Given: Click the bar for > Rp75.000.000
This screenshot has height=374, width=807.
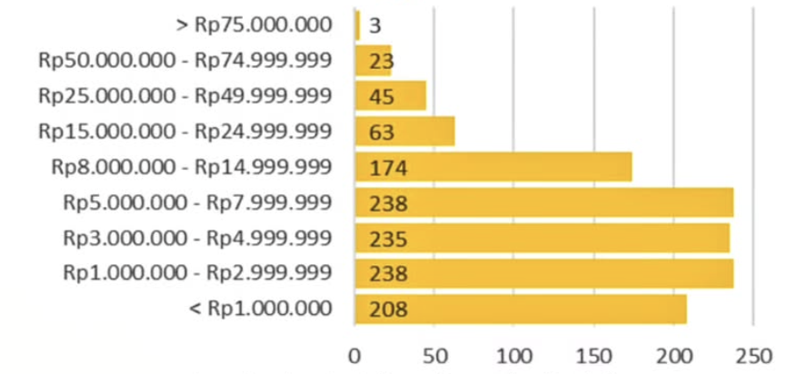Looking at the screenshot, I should click(358, 25).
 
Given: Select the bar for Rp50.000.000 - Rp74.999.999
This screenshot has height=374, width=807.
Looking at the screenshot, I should click(374, 60).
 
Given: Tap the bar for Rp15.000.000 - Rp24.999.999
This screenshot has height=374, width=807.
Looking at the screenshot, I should click(405, 132).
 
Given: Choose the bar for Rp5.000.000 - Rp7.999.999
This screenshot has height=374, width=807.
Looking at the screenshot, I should click(544, 202).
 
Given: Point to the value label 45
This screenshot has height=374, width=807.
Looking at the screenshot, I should click(382, 96).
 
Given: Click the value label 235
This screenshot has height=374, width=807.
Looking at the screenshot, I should click(388, 239).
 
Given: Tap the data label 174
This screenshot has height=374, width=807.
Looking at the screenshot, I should click(388, 168).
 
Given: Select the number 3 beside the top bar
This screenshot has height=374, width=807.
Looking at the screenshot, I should click(375, 25).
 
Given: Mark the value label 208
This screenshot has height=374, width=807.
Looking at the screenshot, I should click(388, 310).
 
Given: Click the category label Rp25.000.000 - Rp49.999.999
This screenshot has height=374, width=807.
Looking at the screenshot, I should click(185, 95).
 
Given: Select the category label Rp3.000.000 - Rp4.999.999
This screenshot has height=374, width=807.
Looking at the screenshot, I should click(197, 238).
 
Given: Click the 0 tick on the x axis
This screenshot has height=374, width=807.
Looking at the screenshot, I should click(355, 354).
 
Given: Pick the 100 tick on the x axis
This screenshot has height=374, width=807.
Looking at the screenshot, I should click(514, 354).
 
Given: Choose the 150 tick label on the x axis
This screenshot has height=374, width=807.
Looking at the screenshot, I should click(594, 354).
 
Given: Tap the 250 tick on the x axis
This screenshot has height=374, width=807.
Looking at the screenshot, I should click(753, 354).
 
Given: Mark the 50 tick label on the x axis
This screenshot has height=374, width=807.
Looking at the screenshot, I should click(434, 354).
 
